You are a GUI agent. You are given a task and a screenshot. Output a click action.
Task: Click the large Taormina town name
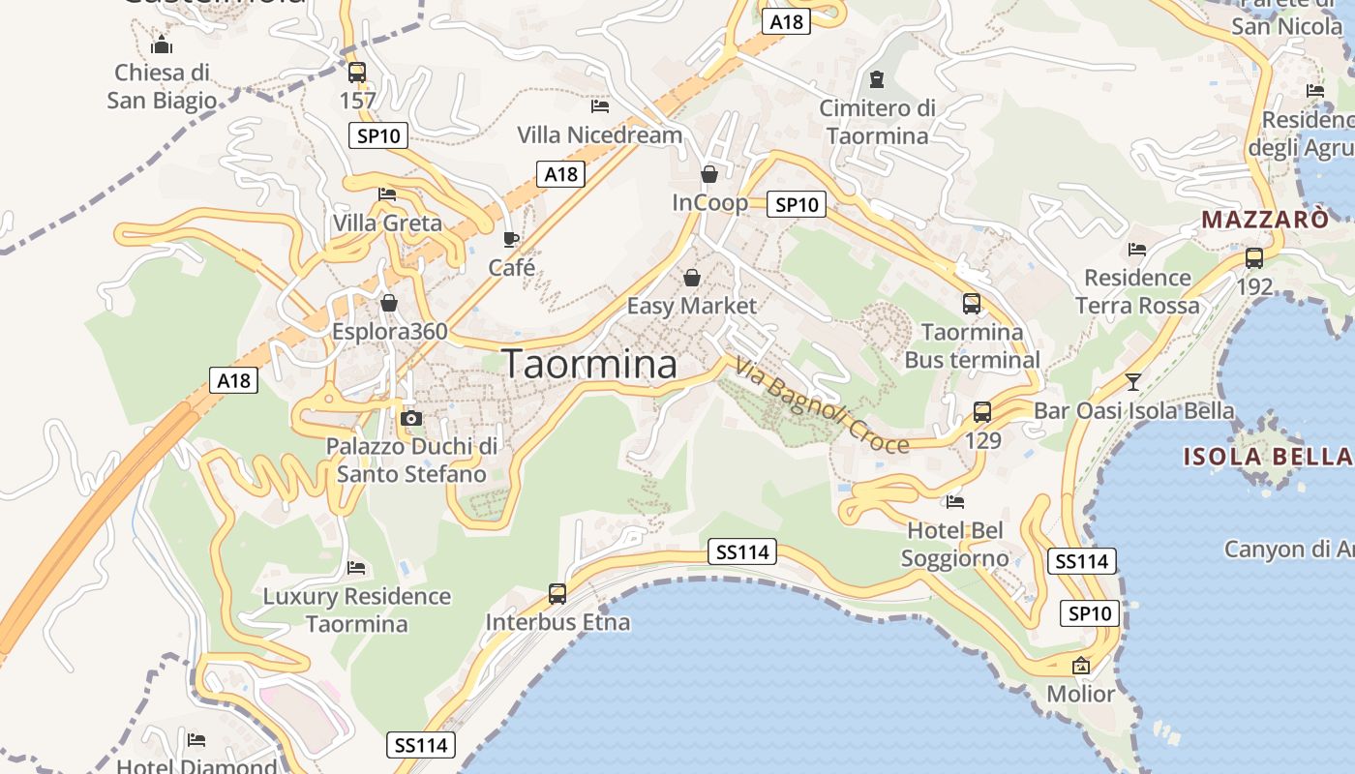tap(589, 364)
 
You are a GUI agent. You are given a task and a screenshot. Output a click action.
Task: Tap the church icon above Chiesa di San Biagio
tap(162, 45)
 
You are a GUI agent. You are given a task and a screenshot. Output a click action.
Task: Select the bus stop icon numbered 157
tap(357, 72)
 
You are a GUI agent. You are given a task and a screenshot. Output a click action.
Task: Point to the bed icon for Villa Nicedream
tap(600, 105)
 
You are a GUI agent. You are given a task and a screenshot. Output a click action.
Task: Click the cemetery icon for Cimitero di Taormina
tap(877, 78)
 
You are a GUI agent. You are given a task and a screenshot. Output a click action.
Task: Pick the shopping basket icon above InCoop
tap(709, 174)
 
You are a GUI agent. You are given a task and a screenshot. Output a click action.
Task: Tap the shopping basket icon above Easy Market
tap(692, 278)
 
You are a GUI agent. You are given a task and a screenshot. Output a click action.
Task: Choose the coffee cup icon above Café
tap(511, 239)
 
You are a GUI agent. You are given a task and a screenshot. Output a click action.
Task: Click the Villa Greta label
tap(387, 223)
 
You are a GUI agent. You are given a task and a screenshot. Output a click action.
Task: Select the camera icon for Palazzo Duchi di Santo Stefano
tap(411, 418)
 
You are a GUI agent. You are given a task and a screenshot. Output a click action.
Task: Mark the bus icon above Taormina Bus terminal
tap(972, 304)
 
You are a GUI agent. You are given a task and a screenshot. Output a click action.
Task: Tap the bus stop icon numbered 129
tap(982, 412)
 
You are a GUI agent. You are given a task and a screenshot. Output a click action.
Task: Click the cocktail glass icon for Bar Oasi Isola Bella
tap(1133, 381)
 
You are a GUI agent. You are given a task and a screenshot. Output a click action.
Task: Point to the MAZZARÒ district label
tap(1265, 220)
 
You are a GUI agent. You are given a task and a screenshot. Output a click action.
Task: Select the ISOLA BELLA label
tap(1266, 456)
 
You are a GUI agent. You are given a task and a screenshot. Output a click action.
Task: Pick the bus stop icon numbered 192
tap(1254, 258)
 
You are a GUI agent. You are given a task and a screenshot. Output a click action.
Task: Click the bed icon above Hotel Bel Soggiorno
tap(955, 501)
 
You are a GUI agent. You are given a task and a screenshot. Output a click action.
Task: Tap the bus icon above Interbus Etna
tap(557, 593)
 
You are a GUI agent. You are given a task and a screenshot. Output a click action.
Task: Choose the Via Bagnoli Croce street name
tap(822, 405)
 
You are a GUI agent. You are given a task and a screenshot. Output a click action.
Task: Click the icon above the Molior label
tap(1081, 666)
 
